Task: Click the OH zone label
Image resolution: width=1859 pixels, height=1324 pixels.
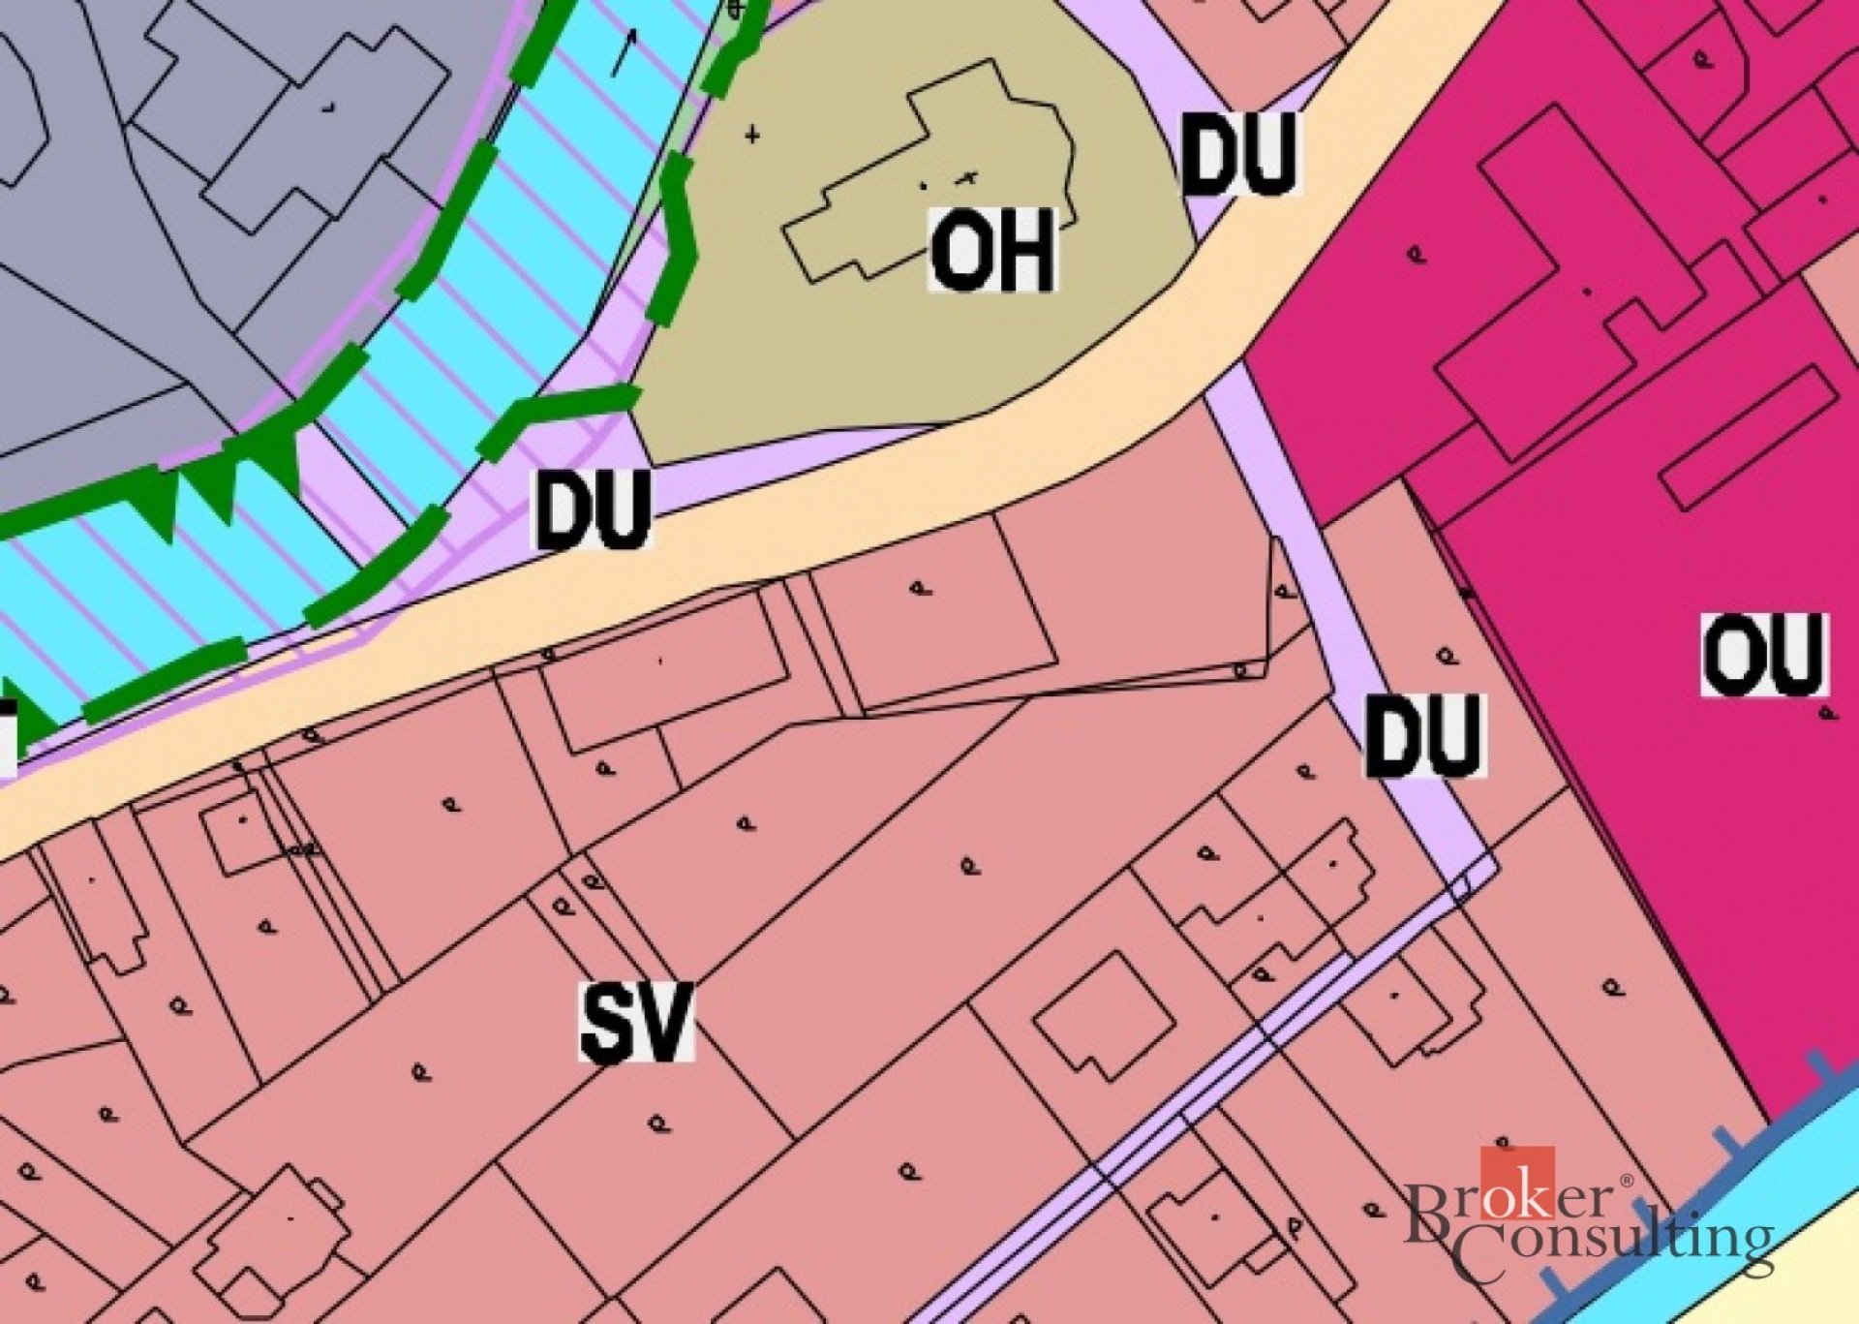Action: click(992, 251)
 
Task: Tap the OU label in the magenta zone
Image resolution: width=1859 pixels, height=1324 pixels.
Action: click(1764, 654)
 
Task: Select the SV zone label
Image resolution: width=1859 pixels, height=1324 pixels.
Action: click(637, 1022)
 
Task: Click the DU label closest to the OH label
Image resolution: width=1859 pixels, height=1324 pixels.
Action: click(1239, 153)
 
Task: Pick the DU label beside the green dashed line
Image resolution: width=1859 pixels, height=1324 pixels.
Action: click(594, 509)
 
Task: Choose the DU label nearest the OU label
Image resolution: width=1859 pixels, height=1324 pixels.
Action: click(1424, 735)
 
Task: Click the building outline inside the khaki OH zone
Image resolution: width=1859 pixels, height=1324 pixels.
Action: click(929, 174)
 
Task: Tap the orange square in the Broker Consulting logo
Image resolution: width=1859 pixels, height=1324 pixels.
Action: click(1517, 1181)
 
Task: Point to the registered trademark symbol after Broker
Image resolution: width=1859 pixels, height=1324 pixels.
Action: click(1626, 1181)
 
